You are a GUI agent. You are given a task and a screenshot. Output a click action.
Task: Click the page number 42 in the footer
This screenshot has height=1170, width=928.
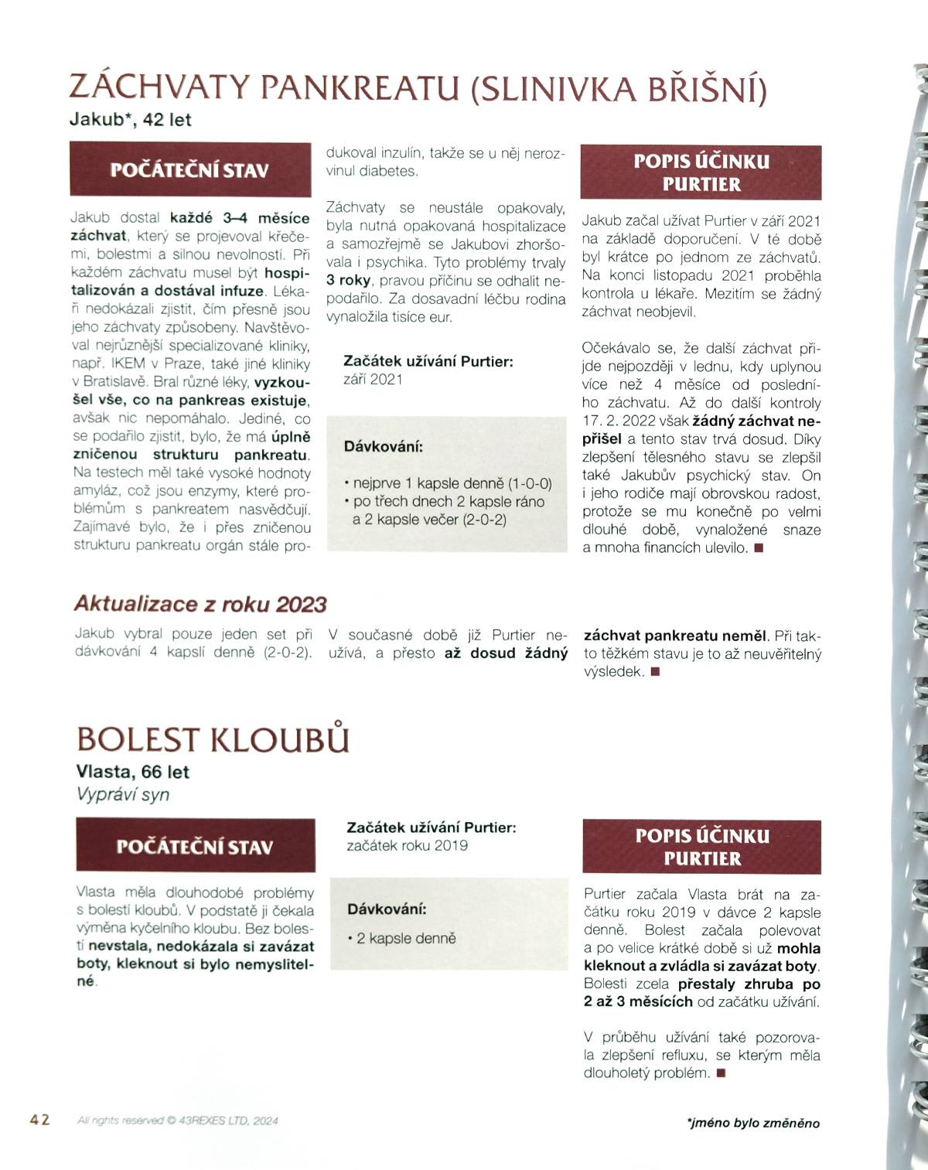coord(40,1120)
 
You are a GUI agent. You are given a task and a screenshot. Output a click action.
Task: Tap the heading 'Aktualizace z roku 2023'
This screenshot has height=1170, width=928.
coord(200,604)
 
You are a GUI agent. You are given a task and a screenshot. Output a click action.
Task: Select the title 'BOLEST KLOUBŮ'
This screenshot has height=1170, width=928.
coord(213,739)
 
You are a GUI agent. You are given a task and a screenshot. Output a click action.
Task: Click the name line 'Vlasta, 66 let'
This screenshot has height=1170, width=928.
coord(133,772)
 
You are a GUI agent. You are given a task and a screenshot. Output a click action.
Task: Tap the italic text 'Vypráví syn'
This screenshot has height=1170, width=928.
coord(123,794)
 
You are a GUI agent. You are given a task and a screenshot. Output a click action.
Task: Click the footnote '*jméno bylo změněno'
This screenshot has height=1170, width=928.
coord(752,1123)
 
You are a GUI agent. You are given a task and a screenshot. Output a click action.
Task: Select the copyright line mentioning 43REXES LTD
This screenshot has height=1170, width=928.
coord(178,1121)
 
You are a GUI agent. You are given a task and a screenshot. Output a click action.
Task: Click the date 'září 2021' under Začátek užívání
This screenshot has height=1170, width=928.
coord(373,379)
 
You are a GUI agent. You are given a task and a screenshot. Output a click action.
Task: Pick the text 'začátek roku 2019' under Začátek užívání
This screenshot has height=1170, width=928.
coord(407,845)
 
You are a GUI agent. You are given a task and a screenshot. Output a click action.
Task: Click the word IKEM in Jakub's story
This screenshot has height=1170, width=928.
coord(129,363)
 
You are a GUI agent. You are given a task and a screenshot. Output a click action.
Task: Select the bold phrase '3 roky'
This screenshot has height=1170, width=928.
coord(347,280)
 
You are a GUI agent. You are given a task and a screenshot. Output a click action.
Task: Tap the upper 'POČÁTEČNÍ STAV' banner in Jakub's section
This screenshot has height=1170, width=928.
coord(189,169)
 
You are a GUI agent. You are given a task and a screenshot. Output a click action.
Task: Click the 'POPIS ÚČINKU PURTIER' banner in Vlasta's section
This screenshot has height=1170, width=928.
coord(702,847)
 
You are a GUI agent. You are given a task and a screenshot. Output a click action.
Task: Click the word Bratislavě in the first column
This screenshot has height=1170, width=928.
coord(110,382)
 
